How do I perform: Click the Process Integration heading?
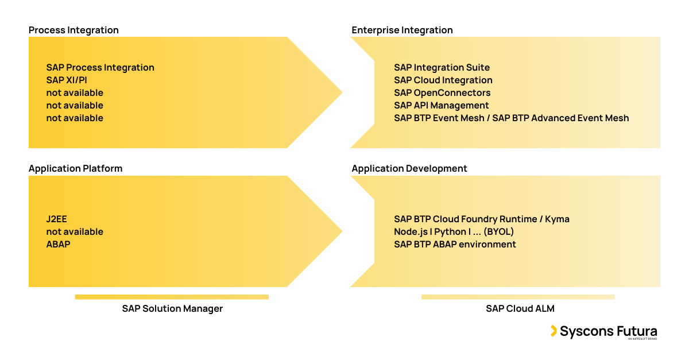pos(73,30)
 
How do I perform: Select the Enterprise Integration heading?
pos(402,30)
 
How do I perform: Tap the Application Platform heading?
pos(75,169)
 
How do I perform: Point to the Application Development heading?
pos(409,169)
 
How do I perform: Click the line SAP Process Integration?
pos(100,68)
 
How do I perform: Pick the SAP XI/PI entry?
pos(67,80)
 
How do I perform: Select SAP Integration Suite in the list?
pos(442,68)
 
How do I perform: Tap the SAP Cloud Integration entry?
pos(443,80)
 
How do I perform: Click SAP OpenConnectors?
pos(442,93)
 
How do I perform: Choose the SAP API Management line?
pos(441,106)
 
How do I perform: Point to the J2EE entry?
pos(57,219)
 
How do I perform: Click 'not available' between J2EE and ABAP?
pos(75,232)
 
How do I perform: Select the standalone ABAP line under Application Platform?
pos(58,245)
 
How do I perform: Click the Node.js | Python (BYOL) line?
pos(454,232)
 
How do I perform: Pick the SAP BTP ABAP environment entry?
pos(455,245)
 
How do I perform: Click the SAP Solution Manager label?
pos(172,309)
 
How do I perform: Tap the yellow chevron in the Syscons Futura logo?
pos(553,331)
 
